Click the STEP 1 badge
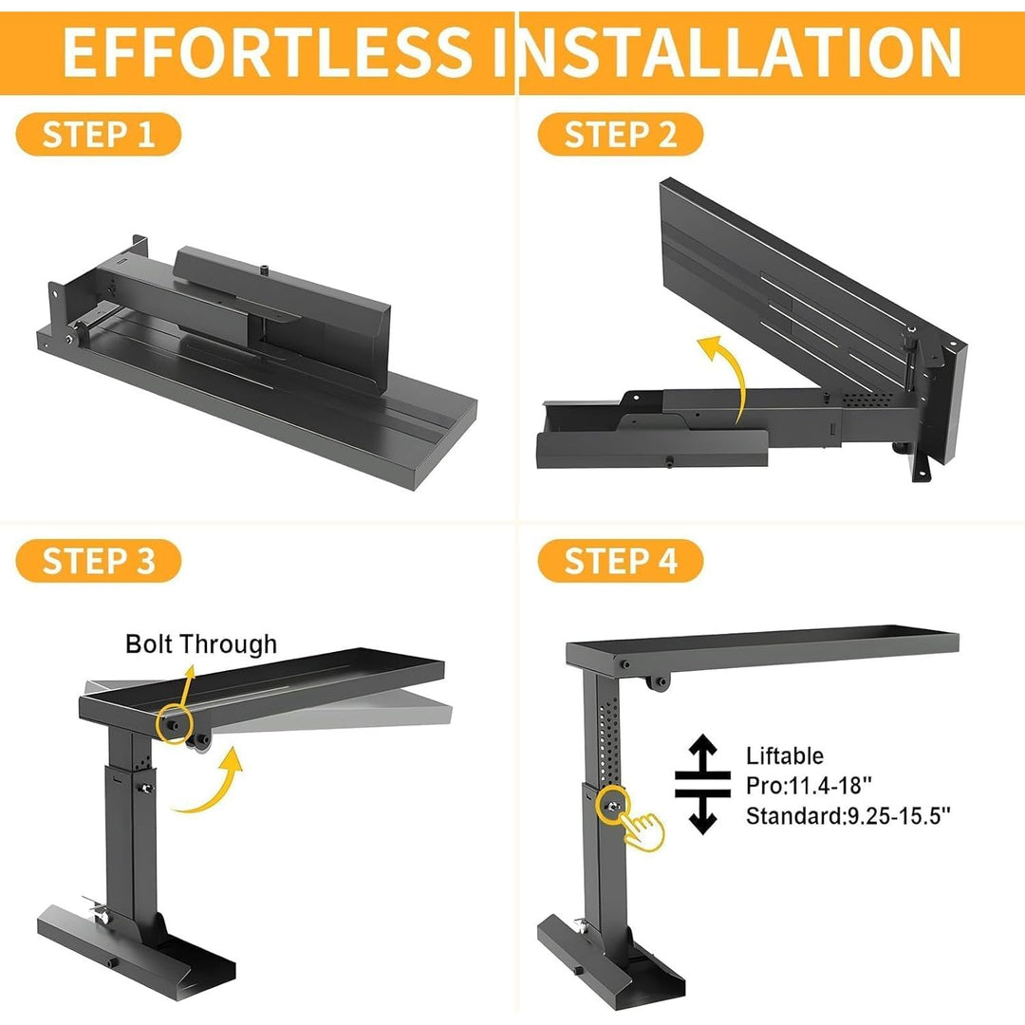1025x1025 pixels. pos(99,135)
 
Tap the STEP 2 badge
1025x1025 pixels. pos(620,135)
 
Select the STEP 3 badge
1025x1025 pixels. pos(99,560)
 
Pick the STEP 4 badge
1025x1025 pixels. pos(620,560)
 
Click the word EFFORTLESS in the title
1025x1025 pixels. pos(266,52)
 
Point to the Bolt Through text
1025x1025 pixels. pos(201,644)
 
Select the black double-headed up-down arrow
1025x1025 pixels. pos(701,784)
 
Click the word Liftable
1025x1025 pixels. pos(784,756)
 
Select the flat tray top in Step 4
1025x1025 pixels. pos(759,647)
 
